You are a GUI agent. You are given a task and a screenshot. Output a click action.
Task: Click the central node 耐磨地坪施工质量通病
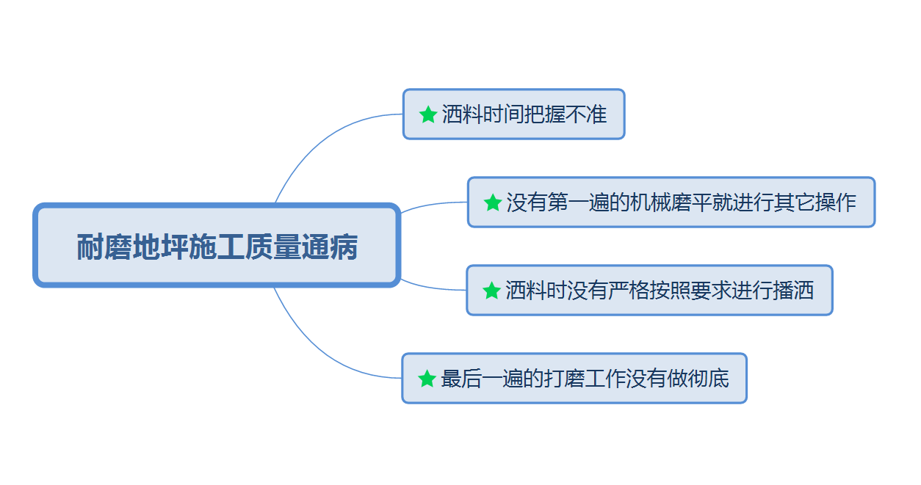pos(217,246)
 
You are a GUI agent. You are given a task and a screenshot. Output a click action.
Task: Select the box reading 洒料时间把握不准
pos(513,114)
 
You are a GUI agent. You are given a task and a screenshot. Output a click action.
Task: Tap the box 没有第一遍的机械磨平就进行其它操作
pos(671,203)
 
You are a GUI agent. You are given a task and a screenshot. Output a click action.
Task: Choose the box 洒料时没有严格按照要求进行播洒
pos(649,291)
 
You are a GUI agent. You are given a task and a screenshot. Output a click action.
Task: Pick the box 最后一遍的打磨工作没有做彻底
pos(574,379)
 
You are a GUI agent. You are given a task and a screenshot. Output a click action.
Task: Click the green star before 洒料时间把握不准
pos(427,114)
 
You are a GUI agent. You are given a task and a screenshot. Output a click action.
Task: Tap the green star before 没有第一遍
pos(493,203)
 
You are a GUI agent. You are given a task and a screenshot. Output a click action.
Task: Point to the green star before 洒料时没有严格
pos(491,291)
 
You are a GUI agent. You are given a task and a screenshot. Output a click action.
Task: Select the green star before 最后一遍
pos(427,379)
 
